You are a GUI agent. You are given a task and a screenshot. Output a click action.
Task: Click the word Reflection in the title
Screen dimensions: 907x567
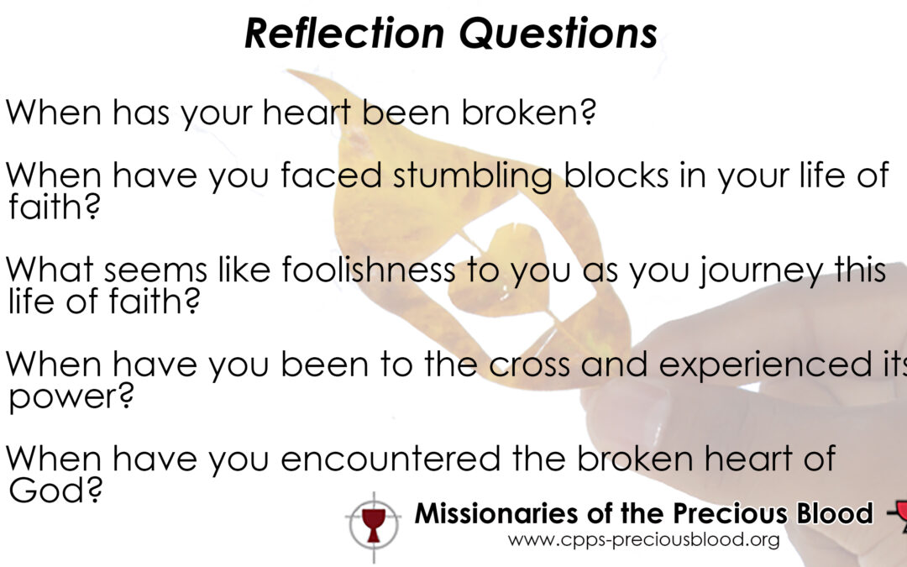[x=344, y=33]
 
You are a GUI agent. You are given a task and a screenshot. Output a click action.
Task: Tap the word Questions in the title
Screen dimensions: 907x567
[x=558, y=34]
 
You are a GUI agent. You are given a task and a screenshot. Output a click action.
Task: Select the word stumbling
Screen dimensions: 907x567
[x=473, y=176]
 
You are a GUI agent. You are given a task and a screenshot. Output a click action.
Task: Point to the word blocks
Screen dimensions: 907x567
[x=616, y=175]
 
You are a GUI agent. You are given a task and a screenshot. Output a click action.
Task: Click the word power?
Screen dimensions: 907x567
[x=71, y=397]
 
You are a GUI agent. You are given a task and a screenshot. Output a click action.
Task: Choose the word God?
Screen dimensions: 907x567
[x=55, y=490]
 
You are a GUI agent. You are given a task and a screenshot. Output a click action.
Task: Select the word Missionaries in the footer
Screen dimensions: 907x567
[x=497, y=513]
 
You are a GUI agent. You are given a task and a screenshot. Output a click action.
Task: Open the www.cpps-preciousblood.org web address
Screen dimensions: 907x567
[x=643, y=540]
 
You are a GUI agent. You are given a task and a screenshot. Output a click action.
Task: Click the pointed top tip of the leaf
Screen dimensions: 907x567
[x=288, y=71]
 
